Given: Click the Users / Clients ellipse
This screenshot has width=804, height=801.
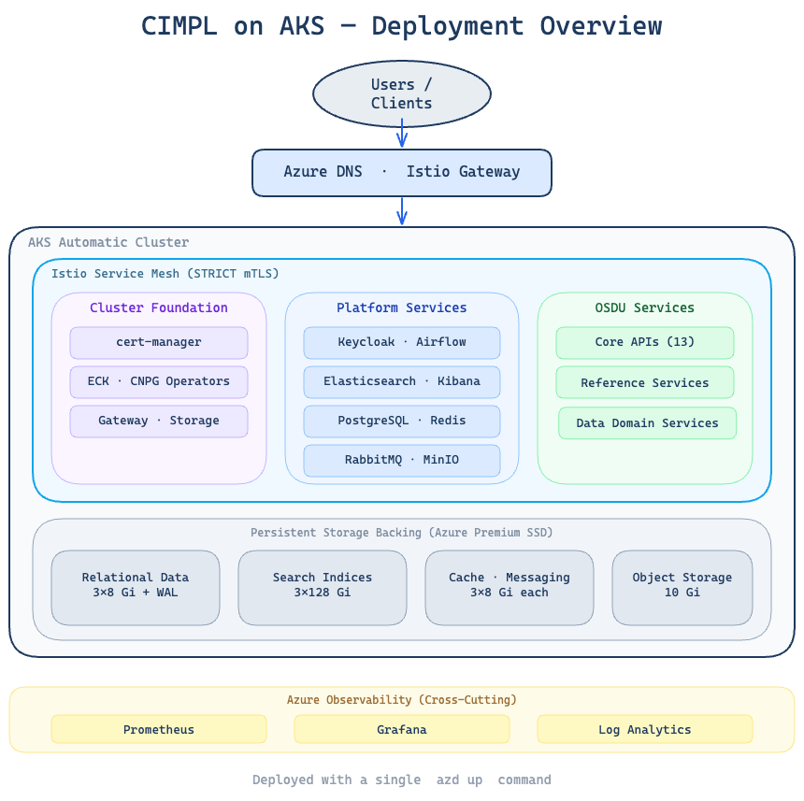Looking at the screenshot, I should point(402,94).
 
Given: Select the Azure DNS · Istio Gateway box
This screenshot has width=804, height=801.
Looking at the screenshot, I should point(402,172).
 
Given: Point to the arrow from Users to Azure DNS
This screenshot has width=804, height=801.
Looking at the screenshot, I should point(402,136).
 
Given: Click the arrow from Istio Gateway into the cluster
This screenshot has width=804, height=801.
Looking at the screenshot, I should point(402,211).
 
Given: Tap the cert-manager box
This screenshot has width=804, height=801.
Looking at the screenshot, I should point(159,342).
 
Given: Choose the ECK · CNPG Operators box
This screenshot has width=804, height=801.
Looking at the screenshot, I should point(159,381).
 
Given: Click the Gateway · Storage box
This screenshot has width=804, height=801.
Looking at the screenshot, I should point(159,421).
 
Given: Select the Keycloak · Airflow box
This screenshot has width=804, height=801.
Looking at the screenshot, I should point(402,342).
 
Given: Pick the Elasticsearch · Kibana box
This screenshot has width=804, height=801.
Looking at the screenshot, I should point(402,381).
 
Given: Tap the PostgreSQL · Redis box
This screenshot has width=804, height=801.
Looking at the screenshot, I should point(402,421).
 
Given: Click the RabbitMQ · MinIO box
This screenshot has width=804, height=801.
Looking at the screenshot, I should point(402,460).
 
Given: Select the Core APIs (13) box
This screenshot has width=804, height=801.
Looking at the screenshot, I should point(645,342).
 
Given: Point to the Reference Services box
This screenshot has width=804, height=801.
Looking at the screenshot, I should point(645,382).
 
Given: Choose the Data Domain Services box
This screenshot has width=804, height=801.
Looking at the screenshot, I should point(647,422).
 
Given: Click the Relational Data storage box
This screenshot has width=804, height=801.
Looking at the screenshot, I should point(136,587).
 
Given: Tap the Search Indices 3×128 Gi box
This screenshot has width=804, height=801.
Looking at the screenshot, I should point(323,587).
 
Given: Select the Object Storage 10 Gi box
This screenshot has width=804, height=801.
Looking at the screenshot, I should point(682,587).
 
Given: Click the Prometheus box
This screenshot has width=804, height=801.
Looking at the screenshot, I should point(159,729).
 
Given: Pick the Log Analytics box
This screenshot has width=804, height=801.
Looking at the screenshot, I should point(645,729).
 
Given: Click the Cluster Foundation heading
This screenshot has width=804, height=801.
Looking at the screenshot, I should point(159,308).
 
